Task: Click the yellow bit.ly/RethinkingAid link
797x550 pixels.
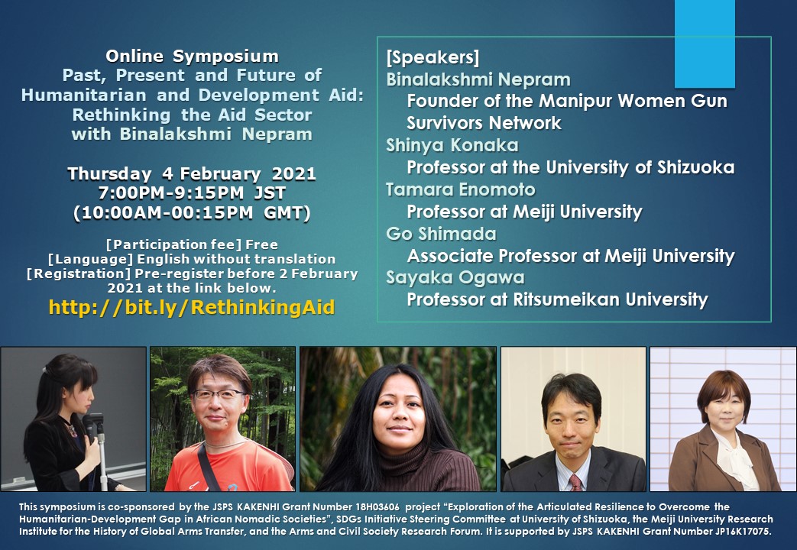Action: [x=192, y=308]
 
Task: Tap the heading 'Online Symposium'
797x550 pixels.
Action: [x=192, y=56]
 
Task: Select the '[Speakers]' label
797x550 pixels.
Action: [x=433, y=57]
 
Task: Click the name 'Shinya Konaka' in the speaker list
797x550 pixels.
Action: [x=452, y=145]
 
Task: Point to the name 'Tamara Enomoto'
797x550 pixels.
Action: [x=461, y=189]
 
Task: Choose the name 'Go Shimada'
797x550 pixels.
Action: [x=441, y=234]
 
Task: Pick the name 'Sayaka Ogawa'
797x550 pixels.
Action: [x=455, y=278]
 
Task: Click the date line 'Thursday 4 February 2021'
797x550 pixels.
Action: [x=192, y=174]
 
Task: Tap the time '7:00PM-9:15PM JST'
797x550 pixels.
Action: [x=192, y=193]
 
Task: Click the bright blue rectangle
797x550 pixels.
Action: [x=705, y=44]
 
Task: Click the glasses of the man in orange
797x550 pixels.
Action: [x=218, y=394]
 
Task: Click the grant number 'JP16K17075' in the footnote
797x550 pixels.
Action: [x=742, y=532]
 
